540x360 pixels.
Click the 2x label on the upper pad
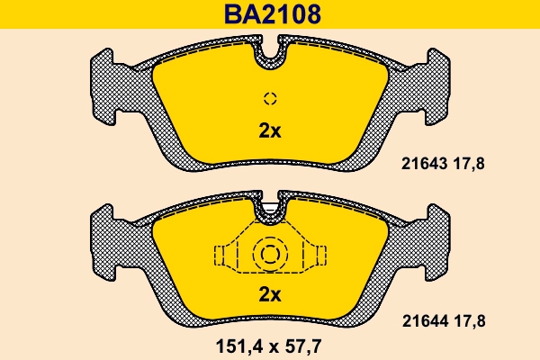pyautogui.click(x=270, y=130)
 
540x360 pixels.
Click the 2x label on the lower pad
pyautogui.click(x=270, y=294)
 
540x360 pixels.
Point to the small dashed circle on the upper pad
pyautogui.click(x=270, y=98)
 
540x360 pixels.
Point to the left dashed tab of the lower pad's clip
pyautogui.click(x=220, y=256)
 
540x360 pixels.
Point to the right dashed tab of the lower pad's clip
pyautogui.click(x=318, y=256)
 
